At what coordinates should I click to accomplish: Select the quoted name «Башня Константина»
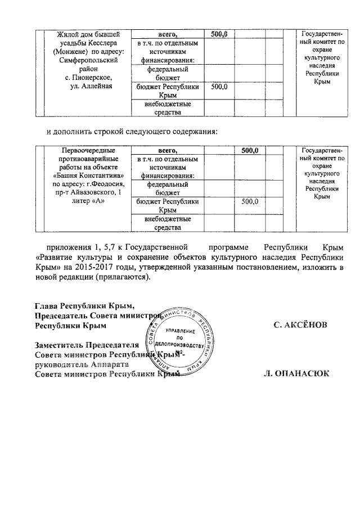point(87,176)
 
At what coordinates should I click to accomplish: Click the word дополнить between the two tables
point(76,132)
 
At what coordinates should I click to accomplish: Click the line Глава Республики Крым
point(85,306)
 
